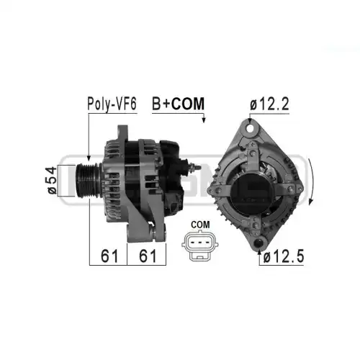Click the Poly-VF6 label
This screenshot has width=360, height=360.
112,104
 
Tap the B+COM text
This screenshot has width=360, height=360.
178,104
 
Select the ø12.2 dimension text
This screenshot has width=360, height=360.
269,104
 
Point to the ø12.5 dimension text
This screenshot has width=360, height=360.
284,256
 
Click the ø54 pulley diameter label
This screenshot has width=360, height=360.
52,180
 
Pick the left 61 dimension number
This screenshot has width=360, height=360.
109,256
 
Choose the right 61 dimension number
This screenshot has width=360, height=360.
148,256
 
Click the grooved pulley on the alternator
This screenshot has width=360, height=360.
89,181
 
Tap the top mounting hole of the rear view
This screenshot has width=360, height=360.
251,128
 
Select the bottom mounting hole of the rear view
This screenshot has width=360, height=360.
258,243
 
